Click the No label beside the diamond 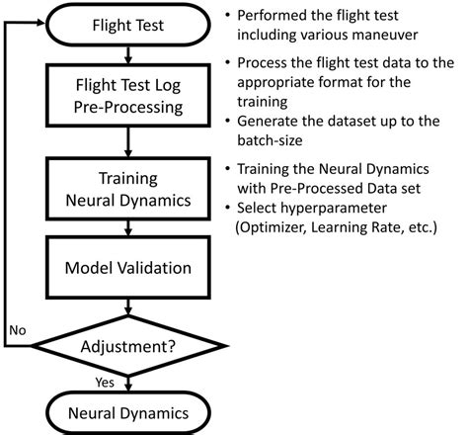[18, 328]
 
